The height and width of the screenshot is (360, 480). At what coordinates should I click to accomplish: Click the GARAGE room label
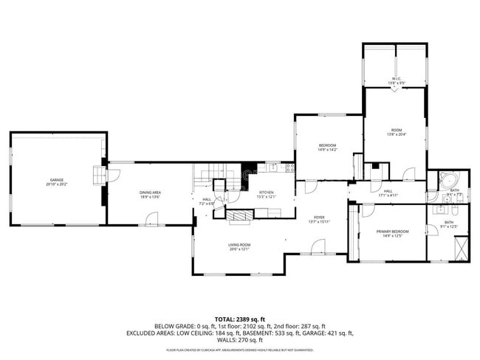(x=56, y=180)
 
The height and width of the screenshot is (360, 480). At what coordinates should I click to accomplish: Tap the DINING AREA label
(x=150, y=193)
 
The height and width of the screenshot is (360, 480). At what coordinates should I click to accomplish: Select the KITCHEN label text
(x=266, y=193)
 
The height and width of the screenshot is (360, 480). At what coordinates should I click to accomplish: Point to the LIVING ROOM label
(x=239, y=245)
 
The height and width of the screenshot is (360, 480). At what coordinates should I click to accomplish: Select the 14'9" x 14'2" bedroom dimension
(x=327, y=150)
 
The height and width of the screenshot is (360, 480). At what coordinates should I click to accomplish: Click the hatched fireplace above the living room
(x=239, y=215)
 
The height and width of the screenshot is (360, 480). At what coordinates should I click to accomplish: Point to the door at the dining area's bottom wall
(x=151, y=219)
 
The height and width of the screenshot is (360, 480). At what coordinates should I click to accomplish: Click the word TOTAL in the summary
(x=208, y=318)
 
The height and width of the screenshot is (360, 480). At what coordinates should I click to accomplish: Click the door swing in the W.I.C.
(x=395, y=92)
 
